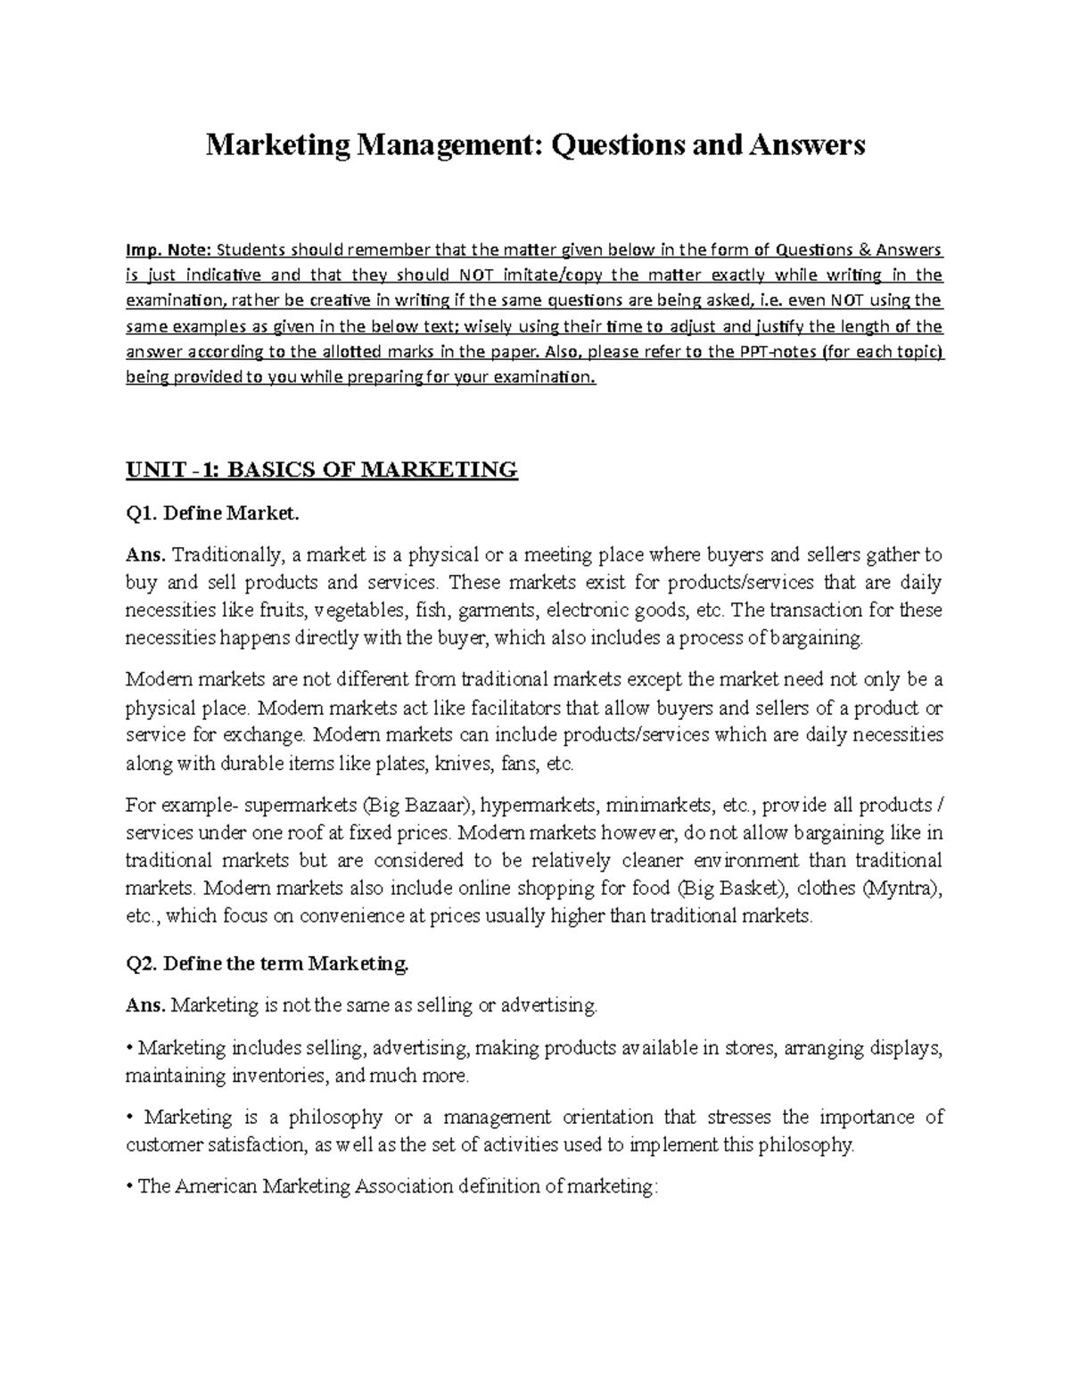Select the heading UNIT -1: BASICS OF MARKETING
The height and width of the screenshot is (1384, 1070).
pyautogui.click(x=322, y=470)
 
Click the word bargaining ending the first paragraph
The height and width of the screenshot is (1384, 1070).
pyautogui.click(x=821, y=638)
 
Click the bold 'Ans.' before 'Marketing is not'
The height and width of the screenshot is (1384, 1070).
pyautogui.click(x=145, y=1005)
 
